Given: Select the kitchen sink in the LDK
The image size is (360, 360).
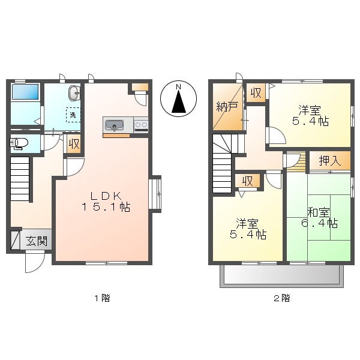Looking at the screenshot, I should (x=114, y=125).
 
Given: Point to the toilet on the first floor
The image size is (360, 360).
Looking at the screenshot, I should (x=20, y=143).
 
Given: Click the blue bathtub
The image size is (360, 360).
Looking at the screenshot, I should (x=25, y=92).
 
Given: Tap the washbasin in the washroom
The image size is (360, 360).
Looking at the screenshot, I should (x=74, y=93).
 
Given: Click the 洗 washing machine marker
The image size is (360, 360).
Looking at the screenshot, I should (x=73, y=114).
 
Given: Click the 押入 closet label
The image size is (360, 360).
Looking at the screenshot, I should (x=329, y=161).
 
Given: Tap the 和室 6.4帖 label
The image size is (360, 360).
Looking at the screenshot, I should (x=319, y=217).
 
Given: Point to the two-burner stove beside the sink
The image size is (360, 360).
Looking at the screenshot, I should (x=141, y=125).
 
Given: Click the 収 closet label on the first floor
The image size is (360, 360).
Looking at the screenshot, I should (x=74, y=144).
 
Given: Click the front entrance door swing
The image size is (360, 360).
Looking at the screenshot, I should (x=34, y=262).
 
